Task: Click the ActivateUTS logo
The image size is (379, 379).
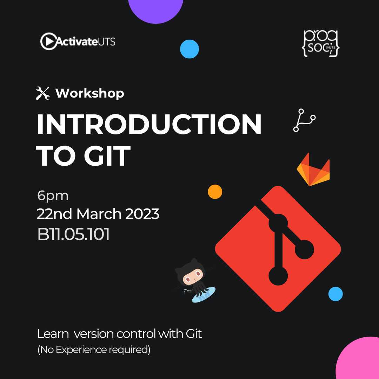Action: [x=78, y=41]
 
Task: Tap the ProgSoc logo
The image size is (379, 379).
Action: [x=320, y=44]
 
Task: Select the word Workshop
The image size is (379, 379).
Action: [x=90, y=93]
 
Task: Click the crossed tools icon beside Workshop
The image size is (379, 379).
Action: [x=43, y=93]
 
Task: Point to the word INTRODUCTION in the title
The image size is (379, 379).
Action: [x=149, y=124]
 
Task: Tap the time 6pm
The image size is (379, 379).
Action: [x=53, y=196]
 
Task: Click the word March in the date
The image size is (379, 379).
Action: [x=99, y=214]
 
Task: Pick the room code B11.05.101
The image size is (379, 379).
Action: [x=73, y=234]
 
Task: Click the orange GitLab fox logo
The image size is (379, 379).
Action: [x=313, y=169]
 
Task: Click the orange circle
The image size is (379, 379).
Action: [x=215, y=192]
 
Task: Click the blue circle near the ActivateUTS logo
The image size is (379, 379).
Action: [x=189, y=49]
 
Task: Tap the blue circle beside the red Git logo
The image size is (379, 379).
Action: [x=335, y=294]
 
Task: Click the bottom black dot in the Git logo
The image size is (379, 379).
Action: [x=278, y=276]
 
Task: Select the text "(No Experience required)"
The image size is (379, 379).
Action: [x=94, y=350]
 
